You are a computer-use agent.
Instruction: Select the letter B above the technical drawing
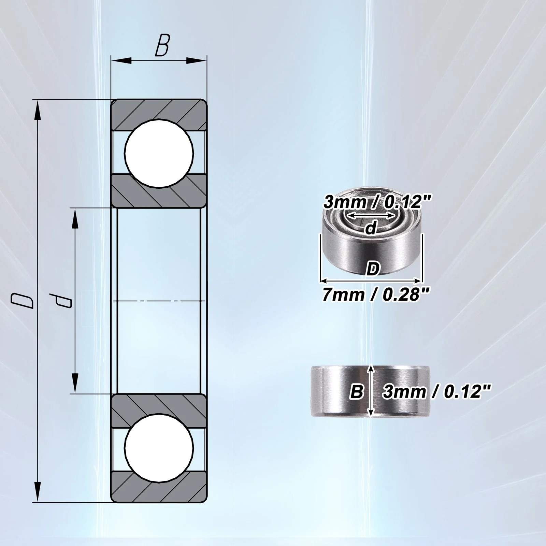[x=162, y=44]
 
